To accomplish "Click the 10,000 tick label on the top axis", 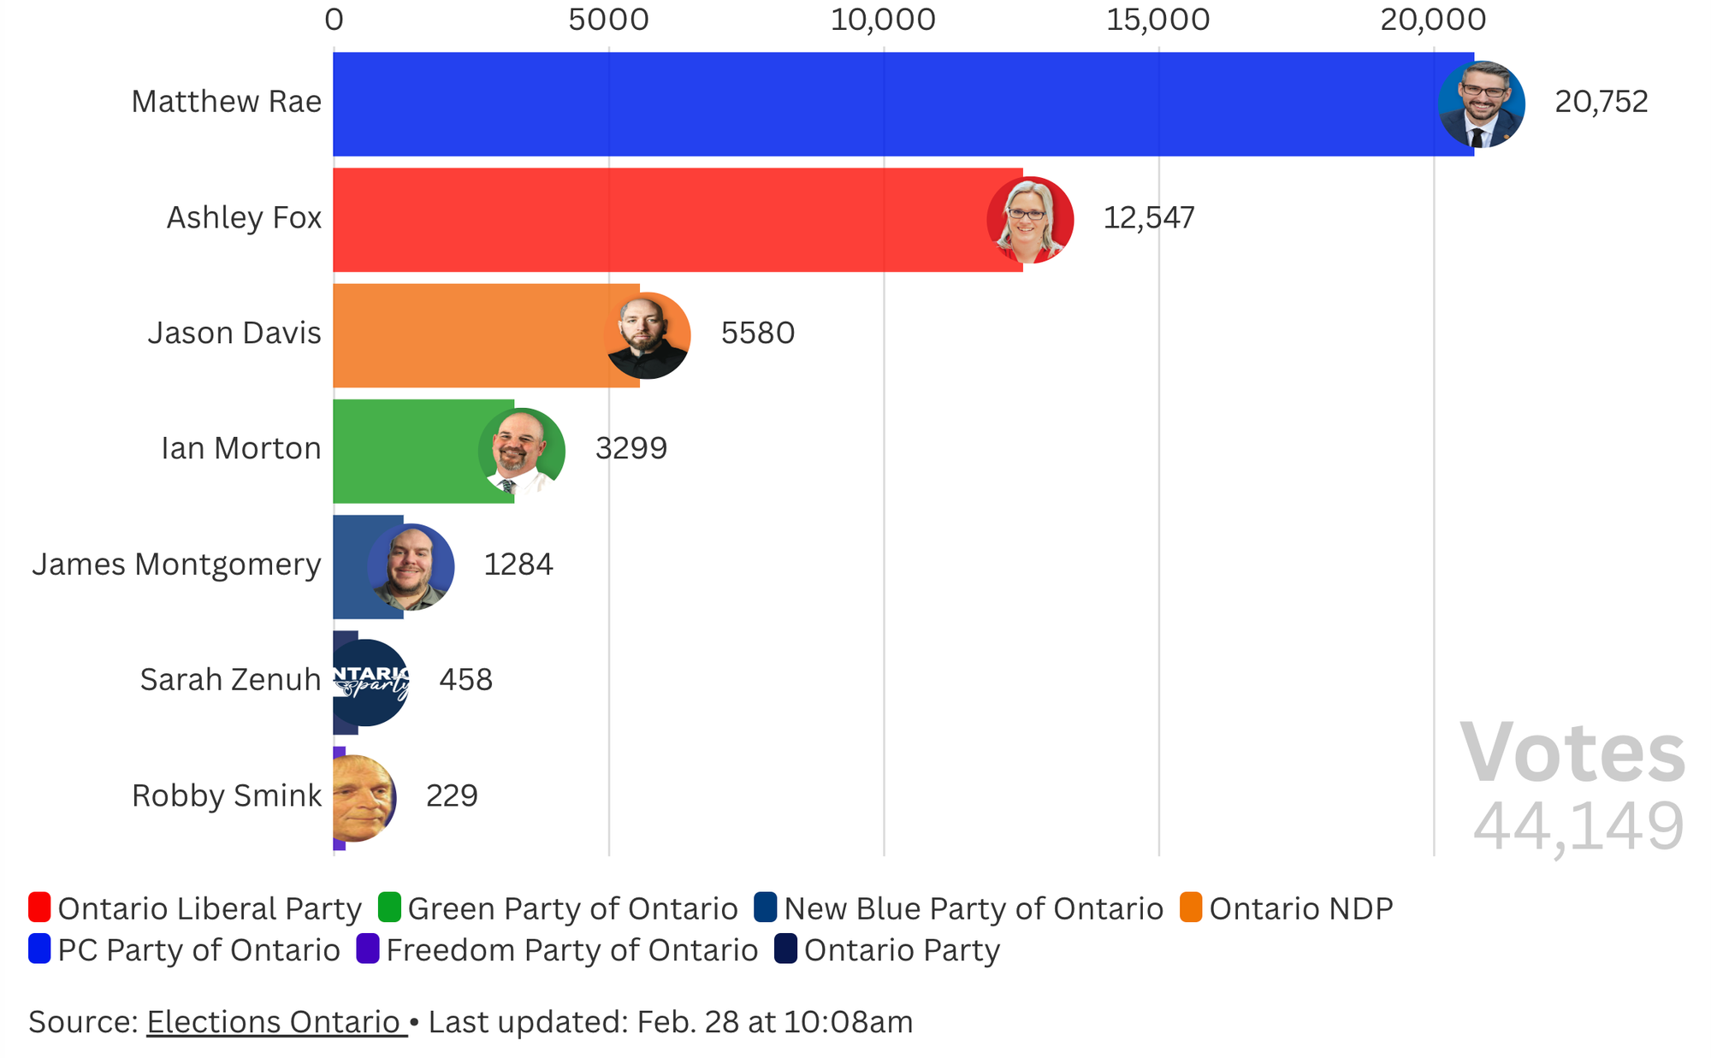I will pyautogui.click(x=883, y=19).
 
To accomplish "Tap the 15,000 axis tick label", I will pyautogui.click(x=1157, y=19).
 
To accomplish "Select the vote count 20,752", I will pyautogui.click(x=1601, y=102).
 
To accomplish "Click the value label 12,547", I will pyautogui.click(x=1148, y=218).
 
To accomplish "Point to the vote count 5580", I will pyautogui.click(x=757, y=334).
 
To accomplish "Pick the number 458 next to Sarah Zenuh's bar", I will pyautogui.click(x=465, y=680).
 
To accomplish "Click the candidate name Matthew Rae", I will pyautogui.click(x=226, y=102).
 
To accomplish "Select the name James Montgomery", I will pyautogui.click(x=176, y=564).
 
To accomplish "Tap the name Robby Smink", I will pyautogui.click(x=226, y=796).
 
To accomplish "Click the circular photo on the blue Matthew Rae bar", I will pyautogui.click(x=1481, y=104).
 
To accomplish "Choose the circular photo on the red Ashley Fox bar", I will pyautogui.click(x=1029, y=220).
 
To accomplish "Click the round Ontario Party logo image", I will pyautogui.click(x=368, y=683).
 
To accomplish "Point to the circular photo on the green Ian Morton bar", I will pyautogui.click(x=521, y=452).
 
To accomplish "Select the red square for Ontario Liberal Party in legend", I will pyautogui.click(x=39, y=907).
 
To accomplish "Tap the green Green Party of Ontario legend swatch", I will pyautogui.click(x=389, y=907).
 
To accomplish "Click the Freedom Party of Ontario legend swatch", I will pyautogui.click(x=368, y=949).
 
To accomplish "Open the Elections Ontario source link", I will pyautogui.click(x=276, y=1022).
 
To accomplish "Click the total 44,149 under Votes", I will pyautogui.click(x=1578, y=827).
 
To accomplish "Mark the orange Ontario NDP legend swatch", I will pyautogui.click(x=1191, y=907).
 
